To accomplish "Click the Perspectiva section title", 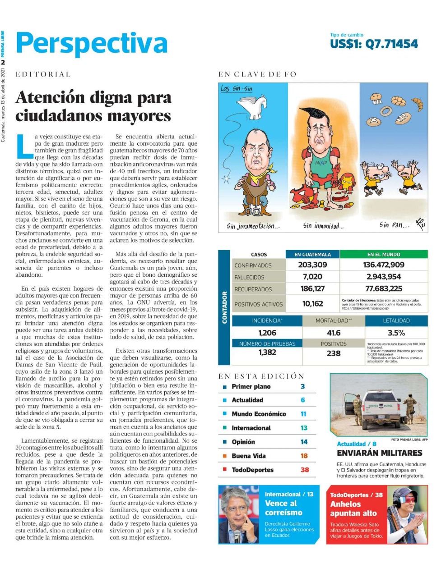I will click(92, 44).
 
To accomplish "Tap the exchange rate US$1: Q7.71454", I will click(374, 44).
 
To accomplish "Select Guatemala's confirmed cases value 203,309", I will click(312, 265).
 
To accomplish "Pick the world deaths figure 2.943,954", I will click(384, 277).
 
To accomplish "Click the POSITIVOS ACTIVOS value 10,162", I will click(312, 304).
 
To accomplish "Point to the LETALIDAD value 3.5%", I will click(396, 333).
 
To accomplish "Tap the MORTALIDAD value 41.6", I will click(334, 333).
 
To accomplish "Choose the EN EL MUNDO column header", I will click(384, 255).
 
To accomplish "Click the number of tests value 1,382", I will click(267, 353).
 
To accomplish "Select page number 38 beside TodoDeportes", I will click(305, 470).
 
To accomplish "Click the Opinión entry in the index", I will click(243, 442).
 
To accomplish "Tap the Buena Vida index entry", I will click(249, 456).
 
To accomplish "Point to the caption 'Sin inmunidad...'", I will click(323, 226).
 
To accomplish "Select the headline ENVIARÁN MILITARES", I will click(380, 453).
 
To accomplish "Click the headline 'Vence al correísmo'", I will click(283, 508).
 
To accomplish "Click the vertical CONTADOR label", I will click(224, 307).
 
